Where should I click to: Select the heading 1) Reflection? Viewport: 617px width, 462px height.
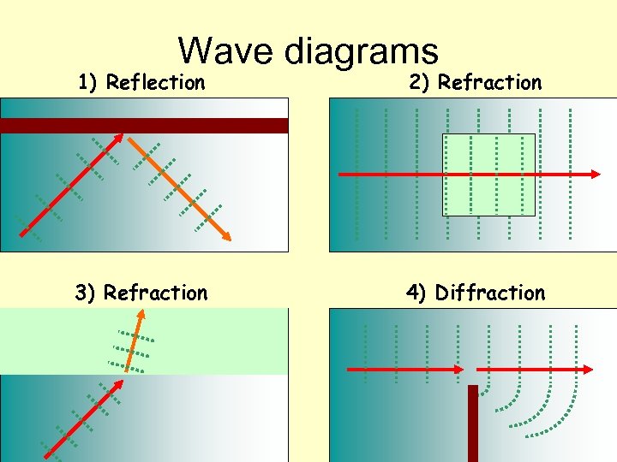[141, 83]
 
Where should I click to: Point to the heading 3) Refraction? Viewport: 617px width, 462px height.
[141, 293]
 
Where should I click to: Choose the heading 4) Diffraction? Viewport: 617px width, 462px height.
[476, 293]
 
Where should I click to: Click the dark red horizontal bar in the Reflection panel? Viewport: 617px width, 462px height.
[144, 126]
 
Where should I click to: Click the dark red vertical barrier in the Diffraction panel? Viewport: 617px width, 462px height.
[472, 423]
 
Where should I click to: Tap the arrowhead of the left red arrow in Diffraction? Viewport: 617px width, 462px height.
[458, 370]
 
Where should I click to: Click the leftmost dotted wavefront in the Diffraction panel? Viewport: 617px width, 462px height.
[366, 351]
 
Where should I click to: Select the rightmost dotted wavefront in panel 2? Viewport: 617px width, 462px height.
[570, 175]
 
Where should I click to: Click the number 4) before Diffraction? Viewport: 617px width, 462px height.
[416, 293]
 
